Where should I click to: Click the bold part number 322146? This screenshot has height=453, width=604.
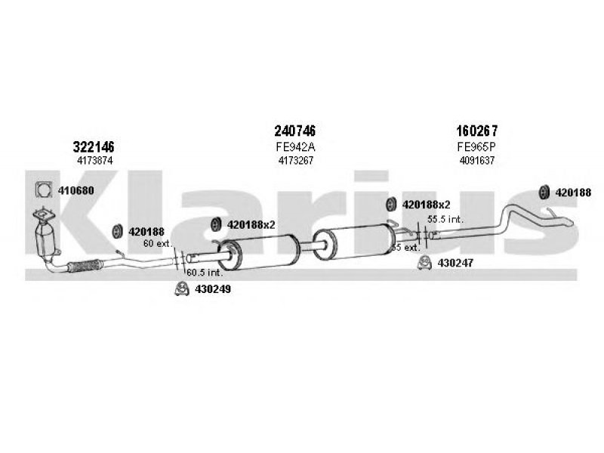point(94,147)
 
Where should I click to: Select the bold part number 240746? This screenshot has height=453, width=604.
point(294,131)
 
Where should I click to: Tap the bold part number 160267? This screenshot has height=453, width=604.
point(477,131)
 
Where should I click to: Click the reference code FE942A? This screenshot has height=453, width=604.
point(295,147)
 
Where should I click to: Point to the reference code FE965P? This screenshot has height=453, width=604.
point(476,147)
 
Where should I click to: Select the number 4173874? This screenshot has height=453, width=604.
point(95,161)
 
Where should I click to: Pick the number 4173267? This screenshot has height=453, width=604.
point(296,161)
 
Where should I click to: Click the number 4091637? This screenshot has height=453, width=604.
point(477,161)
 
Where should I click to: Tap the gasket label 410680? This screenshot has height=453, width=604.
point(76,190)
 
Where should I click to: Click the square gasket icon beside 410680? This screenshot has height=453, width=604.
point(44,190)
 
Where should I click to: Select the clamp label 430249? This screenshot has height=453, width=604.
point(213,289)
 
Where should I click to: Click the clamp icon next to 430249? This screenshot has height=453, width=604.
point(181,289)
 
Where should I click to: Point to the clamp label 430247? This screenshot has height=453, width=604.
point(455,263)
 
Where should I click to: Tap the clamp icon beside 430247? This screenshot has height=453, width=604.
point(424,263)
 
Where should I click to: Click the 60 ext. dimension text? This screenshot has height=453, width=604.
point(157,243)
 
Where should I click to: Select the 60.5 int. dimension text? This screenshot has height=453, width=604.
point(205,273)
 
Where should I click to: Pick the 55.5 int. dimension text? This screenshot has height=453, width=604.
point(445,219)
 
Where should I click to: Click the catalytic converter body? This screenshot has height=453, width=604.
point(45,239)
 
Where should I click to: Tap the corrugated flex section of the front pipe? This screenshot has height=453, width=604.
point(85,266)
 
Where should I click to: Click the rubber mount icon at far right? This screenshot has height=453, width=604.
point(544,193)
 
